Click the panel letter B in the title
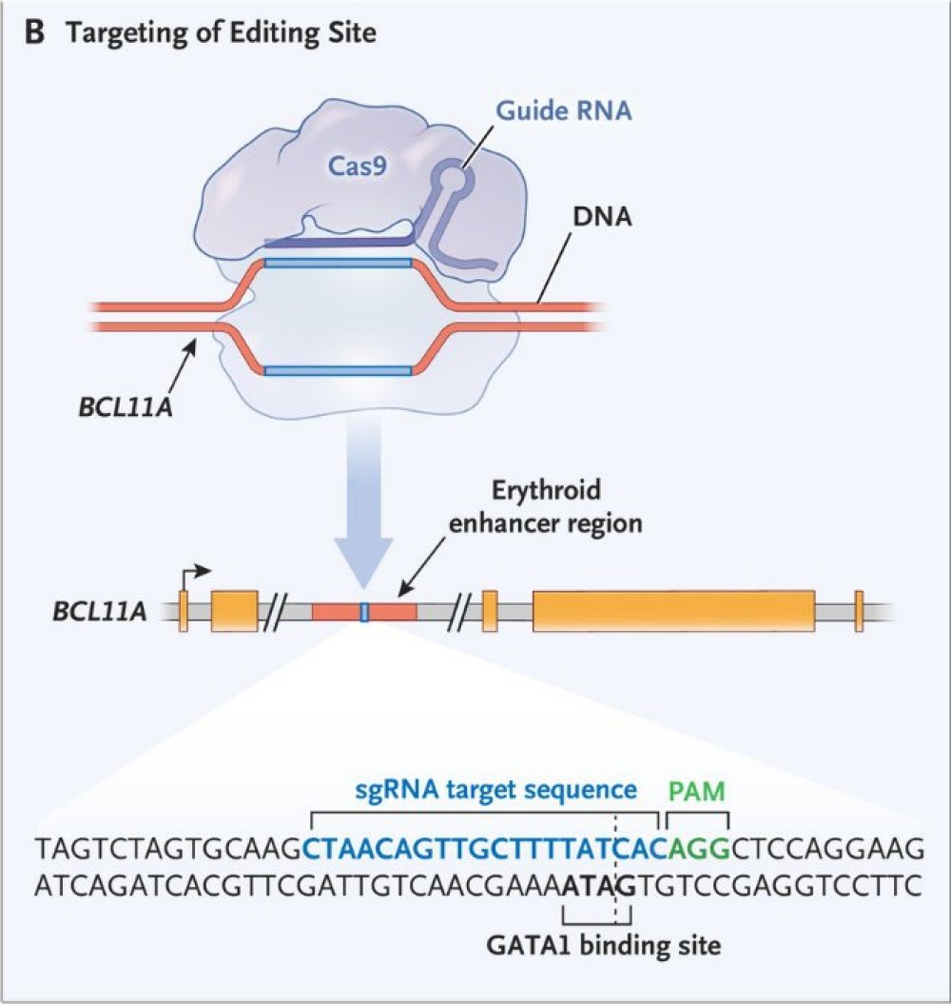pyautogui.click(x=34, y=33)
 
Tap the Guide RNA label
pyautogui.click(x=563, y=111)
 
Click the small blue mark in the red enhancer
pyautogui.click(x=364, y=611)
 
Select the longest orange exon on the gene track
pyautogui.click(x=673, y=611)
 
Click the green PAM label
pyautogui.click(x=697, y=791)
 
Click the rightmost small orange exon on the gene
pyautogui.click(x=858, y=611)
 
